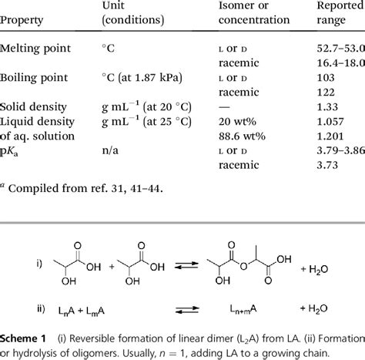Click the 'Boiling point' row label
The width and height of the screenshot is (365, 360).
[x=35, y=78]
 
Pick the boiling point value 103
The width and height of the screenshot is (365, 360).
[x=326, y=78]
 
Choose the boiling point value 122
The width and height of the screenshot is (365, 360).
[x=326, y=92]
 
